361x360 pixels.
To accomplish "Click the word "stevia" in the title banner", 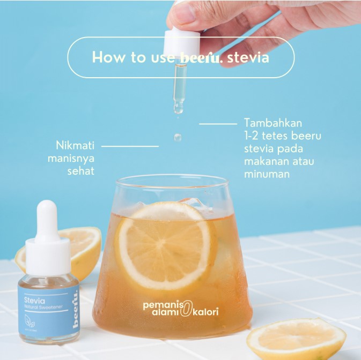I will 248,57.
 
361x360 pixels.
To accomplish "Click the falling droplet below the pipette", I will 178,137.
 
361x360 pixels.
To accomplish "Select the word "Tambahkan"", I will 272,123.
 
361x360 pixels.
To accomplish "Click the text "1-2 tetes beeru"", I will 282,136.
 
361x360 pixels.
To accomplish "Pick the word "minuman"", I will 267,174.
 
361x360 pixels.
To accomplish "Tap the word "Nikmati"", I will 75,146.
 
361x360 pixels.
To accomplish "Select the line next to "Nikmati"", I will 130,146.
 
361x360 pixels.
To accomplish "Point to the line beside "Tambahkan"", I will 218,124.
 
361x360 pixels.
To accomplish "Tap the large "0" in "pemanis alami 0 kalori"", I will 185,309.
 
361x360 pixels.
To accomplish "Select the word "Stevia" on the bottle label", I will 34,301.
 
